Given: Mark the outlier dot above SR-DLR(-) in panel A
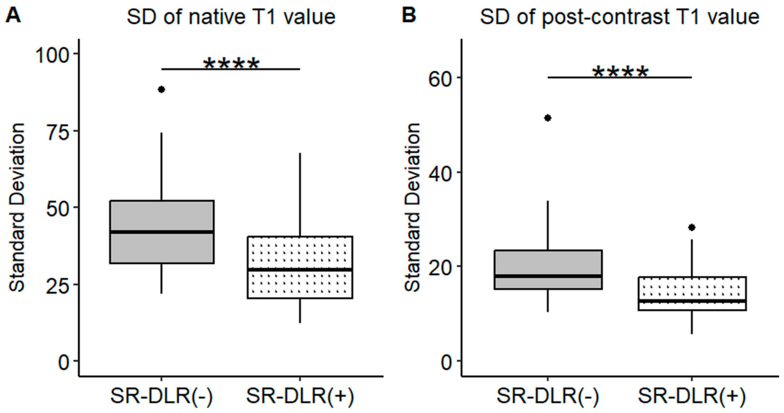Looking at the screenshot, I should coord(161,89).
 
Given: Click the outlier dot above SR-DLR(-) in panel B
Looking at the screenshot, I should coord(547,118).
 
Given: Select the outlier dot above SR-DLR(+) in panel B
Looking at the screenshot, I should coord(692,227).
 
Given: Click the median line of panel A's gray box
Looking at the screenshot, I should coord(162,232).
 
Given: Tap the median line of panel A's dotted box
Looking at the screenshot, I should coord(300,269).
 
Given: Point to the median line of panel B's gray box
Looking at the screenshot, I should coord(548,276).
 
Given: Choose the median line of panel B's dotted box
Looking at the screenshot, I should coord(692,301).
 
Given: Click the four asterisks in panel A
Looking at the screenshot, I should coord(231,64).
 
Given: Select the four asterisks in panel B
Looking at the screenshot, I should coord(620,73).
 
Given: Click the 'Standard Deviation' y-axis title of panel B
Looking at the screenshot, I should coord(412,207).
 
